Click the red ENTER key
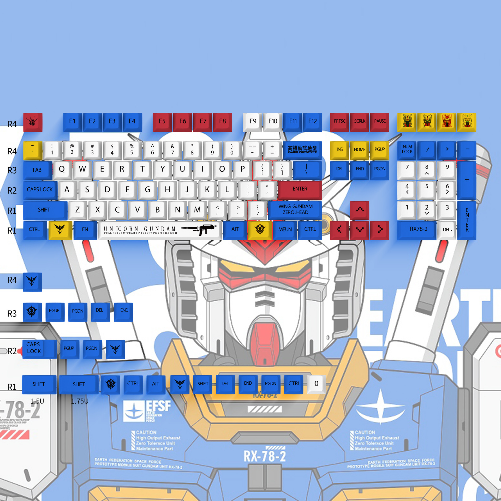tap(300, 189)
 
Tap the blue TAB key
tap(37, 170)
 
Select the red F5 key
tap(162, 121)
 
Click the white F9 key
tap(253, 121)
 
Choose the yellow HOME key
tap(360, 150)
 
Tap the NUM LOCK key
tap(407, 150)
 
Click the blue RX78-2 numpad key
tap(418, 229)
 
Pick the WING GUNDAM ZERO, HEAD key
tap(295, 210)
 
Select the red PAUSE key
tap(380, 121)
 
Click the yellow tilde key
tap(33, 150)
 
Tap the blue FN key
tap(85, 230)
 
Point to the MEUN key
tap(285, 230)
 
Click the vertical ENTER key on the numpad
tap(467, 220)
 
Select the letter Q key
tap(62, 169)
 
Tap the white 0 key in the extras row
tap(316, 384)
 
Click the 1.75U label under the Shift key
tap(80, 401)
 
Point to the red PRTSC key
tap(339, 121)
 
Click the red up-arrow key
tap(360, 210)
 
